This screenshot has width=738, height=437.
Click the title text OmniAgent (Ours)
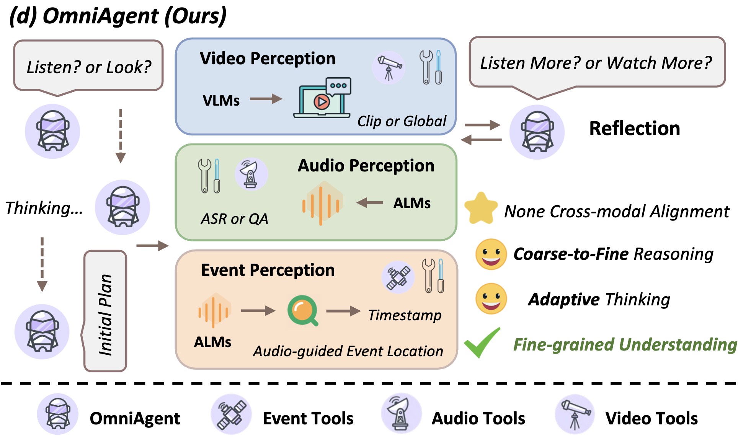[118, 16]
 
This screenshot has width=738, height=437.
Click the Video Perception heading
[268, 59]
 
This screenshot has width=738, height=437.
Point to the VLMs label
[221, 101]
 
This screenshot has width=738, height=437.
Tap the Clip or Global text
[402, 121]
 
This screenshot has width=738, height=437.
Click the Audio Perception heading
[366, 166]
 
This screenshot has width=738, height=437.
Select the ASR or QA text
[234, 219]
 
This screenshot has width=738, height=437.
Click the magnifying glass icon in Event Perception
[303, 310]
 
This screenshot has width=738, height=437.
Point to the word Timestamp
[405, 315]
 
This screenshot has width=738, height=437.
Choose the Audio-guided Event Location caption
[348, 351]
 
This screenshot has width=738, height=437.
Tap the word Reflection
[634, 129]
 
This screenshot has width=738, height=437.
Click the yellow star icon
[481, 209]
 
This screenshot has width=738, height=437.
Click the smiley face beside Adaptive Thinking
[491, 299]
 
